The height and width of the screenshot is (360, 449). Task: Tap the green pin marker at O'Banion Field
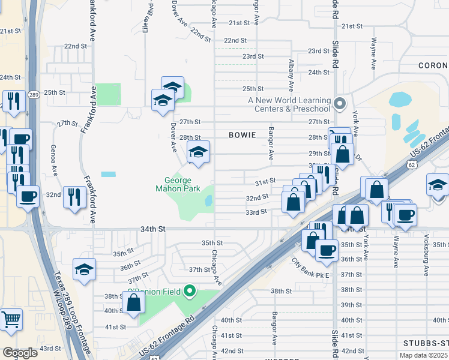click(190, 292)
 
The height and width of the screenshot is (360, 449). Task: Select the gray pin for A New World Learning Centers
click(340, 104)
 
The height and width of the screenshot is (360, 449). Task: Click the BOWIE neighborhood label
click(243, 136)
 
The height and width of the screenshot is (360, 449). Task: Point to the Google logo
click(20, 353)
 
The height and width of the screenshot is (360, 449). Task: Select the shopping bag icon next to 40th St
click(133, 304)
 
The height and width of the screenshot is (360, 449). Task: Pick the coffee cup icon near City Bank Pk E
click(327, 250)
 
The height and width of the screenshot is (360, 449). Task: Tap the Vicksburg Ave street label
click(426, 259)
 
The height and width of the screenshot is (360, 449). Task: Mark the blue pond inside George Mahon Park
click(208, 201)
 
